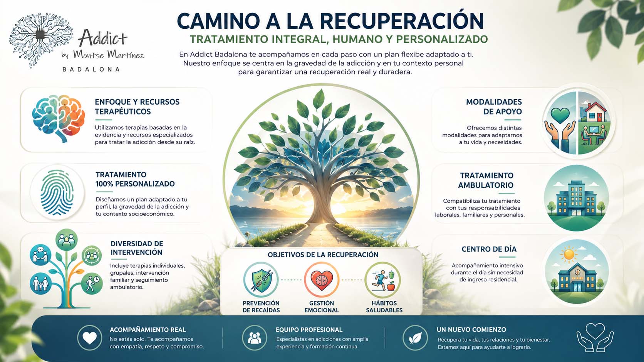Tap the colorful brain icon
click(59, 118)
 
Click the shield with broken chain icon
click(261, 280)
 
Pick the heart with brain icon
click(322, 280)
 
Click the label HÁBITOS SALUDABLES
click(384, 307)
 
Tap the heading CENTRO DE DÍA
click(489, 249)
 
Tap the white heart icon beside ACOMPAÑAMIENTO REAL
click(90, 338)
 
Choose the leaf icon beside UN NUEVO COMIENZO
click(415, 338)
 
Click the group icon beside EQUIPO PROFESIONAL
click(255, 338)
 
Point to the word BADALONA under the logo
click(91, 70)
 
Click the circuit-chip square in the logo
click(40, 35)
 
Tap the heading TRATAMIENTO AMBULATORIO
click(486, 180)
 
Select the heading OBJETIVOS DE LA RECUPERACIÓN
click(323, 255)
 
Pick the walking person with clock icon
click(92, 284)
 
